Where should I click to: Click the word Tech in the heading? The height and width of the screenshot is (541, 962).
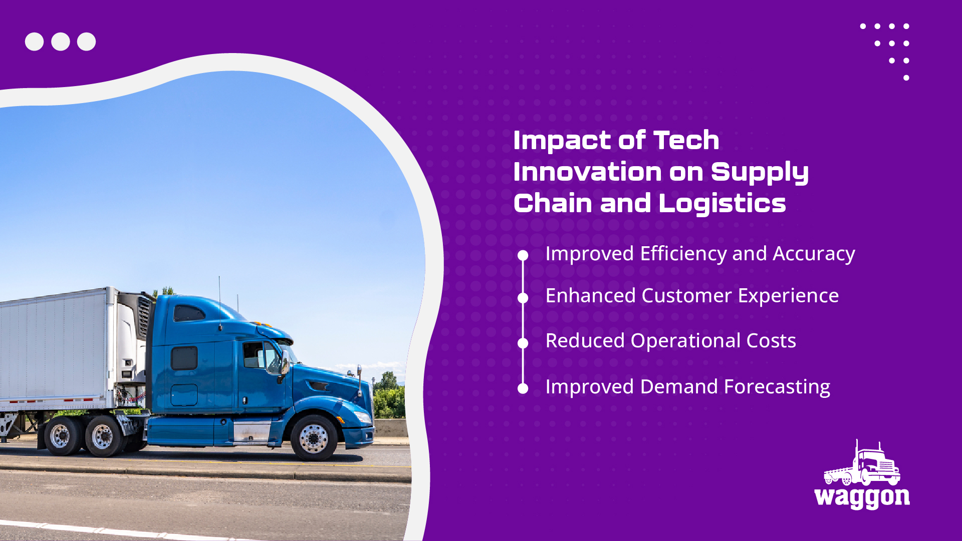point(686,140)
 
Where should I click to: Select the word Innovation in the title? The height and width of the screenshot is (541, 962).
point(588,172)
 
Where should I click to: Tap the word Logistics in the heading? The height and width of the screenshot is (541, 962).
point(722,204)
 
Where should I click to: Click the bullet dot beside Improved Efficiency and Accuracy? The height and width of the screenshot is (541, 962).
point(523,256)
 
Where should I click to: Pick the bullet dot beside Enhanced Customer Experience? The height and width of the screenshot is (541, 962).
point(523,298)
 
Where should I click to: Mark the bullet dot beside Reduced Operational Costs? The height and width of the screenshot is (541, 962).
point(523,343)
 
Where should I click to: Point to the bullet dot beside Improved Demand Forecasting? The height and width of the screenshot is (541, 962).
point(523,388)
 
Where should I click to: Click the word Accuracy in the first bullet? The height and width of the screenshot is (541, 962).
point(814,254)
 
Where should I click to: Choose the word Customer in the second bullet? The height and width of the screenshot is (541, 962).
point(687,296)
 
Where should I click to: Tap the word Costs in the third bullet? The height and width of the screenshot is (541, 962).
point(771,341)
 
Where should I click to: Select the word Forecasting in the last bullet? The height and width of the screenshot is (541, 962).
point(777,387)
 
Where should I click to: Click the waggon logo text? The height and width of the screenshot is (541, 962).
point(862,497)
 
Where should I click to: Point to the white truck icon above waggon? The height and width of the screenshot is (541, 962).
point(862,463)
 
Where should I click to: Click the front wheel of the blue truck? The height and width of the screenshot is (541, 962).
point(315,438)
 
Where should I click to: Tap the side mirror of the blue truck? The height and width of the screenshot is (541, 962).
point(285,361)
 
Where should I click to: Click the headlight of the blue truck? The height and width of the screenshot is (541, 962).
point(362,416)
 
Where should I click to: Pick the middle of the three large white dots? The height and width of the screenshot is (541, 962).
point(61,42)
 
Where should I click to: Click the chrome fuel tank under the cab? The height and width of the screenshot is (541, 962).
point(252,432)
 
